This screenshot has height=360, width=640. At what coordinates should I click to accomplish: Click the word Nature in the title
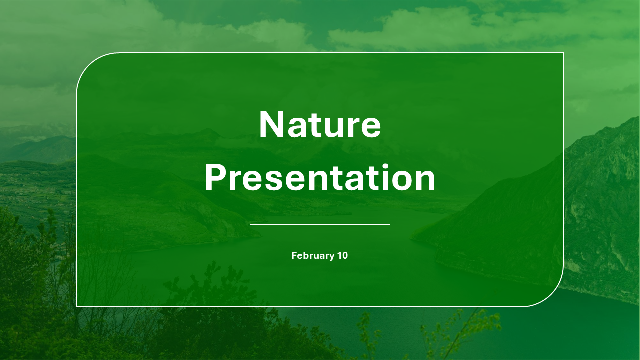tap(320, 125)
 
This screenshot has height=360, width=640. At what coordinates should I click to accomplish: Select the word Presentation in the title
tap(320, 179)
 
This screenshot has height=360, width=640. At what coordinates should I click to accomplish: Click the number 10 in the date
tap(342, 256)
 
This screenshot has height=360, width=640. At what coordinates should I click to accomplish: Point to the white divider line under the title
tap(320, 224)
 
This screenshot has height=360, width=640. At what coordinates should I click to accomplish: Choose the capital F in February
tap(294, 256)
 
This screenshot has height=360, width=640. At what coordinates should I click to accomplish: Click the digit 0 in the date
tap(345, 256)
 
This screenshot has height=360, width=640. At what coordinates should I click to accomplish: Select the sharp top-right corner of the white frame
tap(563, 53)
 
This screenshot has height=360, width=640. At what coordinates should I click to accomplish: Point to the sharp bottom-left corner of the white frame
tap(76, 306)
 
